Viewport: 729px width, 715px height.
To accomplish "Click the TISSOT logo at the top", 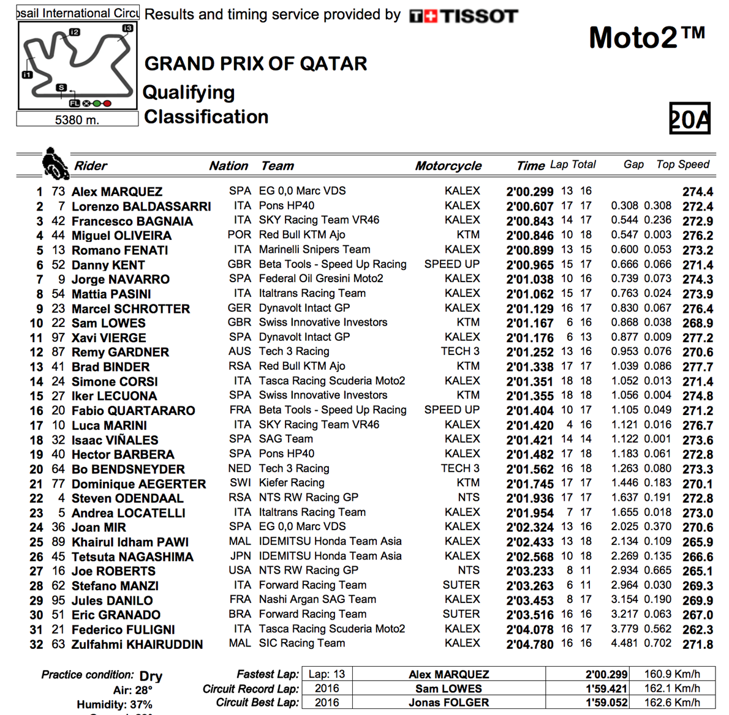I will point(463,16).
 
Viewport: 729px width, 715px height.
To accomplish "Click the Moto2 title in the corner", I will point(646,38).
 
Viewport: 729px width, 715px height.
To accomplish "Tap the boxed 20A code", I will point(689,118).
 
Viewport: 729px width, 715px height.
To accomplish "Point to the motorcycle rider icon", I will point(55,163).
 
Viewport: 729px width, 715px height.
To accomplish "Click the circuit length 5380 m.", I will point(77,120).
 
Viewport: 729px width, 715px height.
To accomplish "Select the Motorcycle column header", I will point(448,166).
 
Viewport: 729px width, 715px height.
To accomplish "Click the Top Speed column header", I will point(682,164).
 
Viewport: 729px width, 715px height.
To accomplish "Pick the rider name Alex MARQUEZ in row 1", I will point(117,192).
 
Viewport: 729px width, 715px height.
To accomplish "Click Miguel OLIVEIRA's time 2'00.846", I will point(530,236).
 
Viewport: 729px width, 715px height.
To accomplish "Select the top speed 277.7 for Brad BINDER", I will point(698,367).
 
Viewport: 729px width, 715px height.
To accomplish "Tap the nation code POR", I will point(239,235).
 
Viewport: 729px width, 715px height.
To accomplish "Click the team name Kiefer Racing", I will point(292,483).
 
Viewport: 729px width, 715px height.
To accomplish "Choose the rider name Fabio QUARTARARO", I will point(133,411).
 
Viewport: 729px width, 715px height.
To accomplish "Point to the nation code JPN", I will point(240,556).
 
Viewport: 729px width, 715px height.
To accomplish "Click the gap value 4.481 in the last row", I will point(624,643).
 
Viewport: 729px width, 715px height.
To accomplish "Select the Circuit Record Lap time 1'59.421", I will point(606,689).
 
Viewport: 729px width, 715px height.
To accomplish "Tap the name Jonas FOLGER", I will point(448,703).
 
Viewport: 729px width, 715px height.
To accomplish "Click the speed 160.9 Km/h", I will point(671,674).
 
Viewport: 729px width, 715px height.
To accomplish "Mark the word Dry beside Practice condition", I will point(151,676).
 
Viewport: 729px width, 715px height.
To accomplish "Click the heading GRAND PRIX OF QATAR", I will point(255,64).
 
